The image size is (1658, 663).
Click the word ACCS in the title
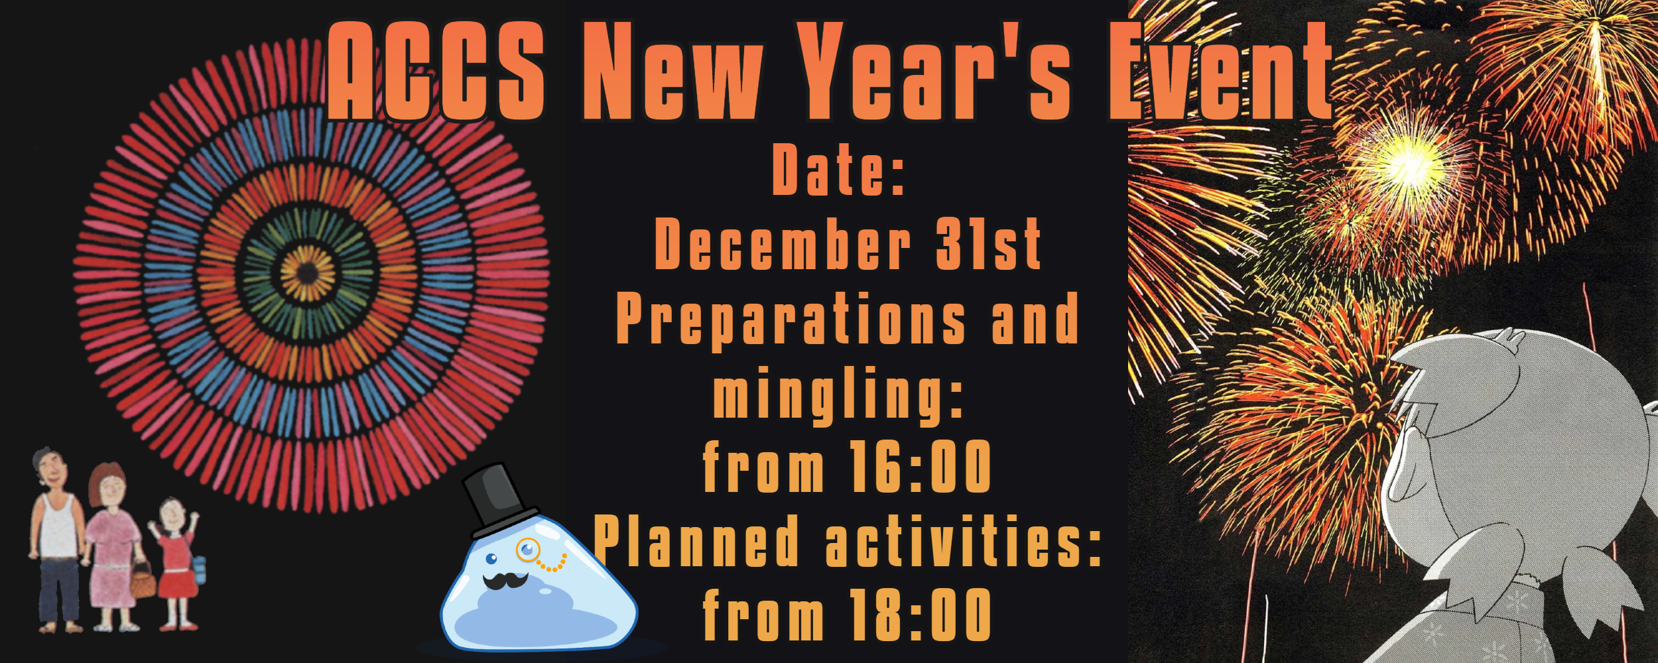(x=436, y=71)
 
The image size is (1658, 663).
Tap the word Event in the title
(x=1220, y=71)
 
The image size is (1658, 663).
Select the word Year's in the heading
(x=934, y=71)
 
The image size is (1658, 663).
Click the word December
(x=783, y=244)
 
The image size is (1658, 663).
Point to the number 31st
(x=988, y=244)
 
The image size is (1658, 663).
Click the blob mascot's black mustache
(x=505, y=581)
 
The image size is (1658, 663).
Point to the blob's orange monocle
(x=529, y=550)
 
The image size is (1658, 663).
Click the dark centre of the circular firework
(x=307, y=272)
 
